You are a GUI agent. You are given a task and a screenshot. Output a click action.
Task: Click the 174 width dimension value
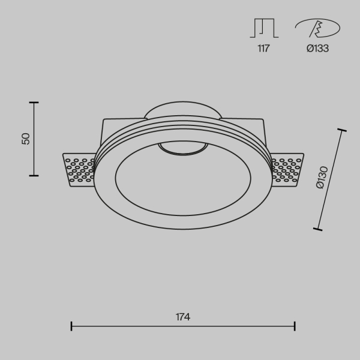[183, 316]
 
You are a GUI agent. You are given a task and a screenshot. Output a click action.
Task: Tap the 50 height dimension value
[25, 139]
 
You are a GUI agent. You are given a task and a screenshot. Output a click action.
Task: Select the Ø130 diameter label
[322, 179]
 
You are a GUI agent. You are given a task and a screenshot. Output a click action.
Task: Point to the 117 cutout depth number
[263, 49]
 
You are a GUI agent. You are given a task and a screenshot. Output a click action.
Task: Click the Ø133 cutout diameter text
[317, 49]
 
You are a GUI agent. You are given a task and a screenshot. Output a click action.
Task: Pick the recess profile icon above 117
[263, 28]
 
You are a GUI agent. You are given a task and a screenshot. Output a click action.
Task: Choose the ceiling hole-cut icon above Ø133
[317, 28]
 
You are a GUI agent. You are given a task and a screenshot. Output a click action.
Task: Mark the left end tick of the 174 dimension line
[71, 326]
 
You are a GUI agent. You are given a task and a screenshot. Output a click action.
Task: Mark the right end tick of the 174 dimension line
[295, 326]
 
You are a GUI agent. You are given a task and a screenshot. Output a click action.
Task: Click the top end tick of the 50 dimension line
[34, 103]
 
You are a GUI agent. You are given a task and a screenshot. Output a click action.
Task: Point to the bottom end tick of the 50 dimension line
[34, 175]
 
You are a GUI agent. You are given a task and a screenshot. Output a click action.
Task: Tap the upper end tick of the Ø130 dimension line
[343, 130]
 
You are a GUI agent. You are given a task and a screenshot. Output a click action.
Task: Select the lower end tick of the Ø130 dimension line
[317, 229]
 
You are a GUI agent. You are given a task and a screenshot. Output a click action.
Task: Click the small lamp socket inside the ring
[182, 148]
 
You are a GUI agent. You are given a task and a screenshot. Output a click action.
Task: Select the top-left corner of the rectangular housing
[104, 119]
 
